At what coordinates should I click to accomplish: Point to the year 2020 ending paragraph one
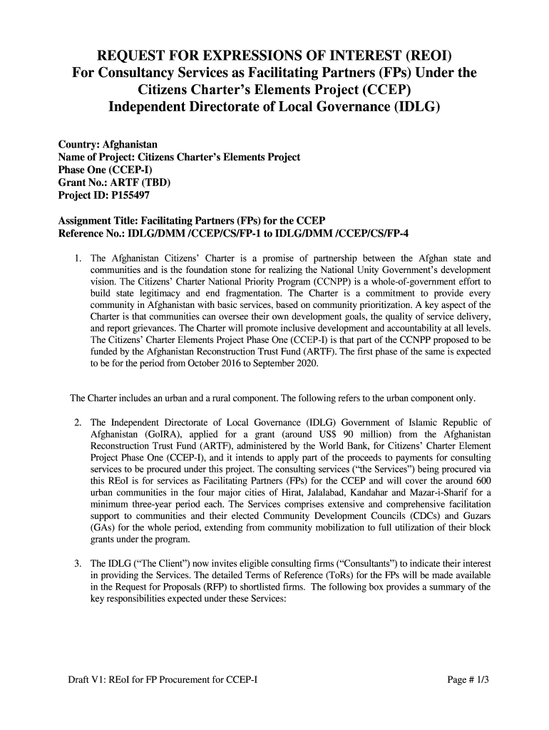(x=307, y=364)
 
